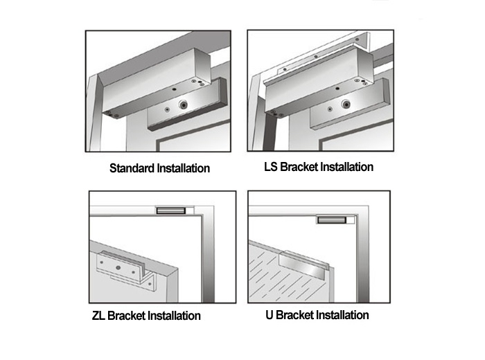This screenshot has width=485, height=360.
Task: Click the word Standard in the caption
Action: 132,168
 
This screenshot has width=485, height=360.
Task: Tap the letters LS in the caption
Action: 271,167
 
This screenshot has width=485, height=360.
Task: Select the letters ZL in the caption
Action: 98,316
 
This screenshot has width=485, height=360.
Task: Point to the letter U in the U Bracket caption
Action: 269,315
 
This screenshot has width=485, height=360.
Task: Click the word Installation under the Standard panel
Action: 184,168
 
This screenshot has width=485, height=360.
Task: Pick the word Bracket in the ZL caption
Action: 126,316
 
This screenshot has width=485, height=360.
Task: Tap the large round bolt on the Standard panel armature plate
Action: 184,105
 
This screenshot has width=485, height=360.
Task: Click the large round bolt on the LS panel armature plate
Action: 346,105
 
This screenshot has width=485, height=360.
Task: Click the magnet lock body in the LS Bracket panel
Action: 319,81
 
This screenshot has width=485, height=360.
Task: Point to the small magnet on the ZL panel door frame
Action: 170,210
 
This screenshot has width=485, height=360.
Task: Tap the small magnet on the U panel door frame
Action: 331,220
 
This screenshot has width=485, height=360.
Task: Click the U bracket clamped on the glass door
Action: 303,264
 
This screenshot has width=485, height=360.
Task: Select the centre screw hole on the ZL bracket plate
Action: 118,267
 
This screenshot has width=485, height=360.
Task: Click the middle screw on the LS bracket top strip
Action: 316,57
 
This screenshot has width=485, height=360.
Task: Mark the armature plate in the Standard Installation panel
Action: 187,105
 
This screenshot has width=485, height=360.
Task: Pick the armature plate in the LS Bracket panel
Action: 349,104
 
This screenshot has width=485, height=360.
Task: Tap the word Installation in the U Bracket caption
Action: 342,315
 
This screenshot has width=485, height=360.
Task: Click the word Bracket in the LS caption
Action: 299,167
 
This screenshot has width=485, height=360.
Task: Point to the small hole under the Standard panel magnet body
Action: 174,89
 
